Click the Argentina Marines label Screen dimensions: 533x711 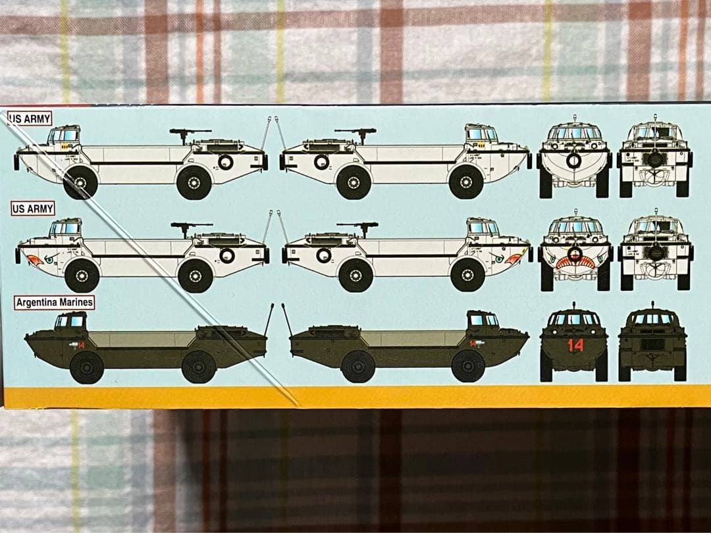[x=54, y=303]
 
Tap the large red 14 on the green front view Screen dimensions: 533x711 [x=575, y=345]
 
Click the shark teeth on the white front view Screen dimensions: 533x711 [x=575, y=263]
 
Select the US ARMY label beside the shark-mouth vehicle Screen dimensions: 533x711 [x=33, y=209]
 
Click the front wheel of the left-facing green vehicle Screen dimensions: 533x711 [x=87, y=367]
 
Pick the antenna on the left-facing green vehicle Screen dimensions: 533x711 [x=269, y=320]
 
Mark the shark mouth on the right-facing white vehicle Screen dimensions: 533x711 [x=513, y=259]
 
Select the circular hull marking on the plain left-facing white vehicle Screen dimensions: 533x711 [x=226, y=162]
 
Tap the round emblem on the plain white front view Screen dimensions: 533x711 [x=575, y=160]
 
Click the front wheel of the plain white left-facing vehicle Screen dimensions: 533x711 [x=80, y=182]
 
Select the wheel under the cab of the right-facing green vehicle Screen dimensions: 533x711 [x=468, y=366]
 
